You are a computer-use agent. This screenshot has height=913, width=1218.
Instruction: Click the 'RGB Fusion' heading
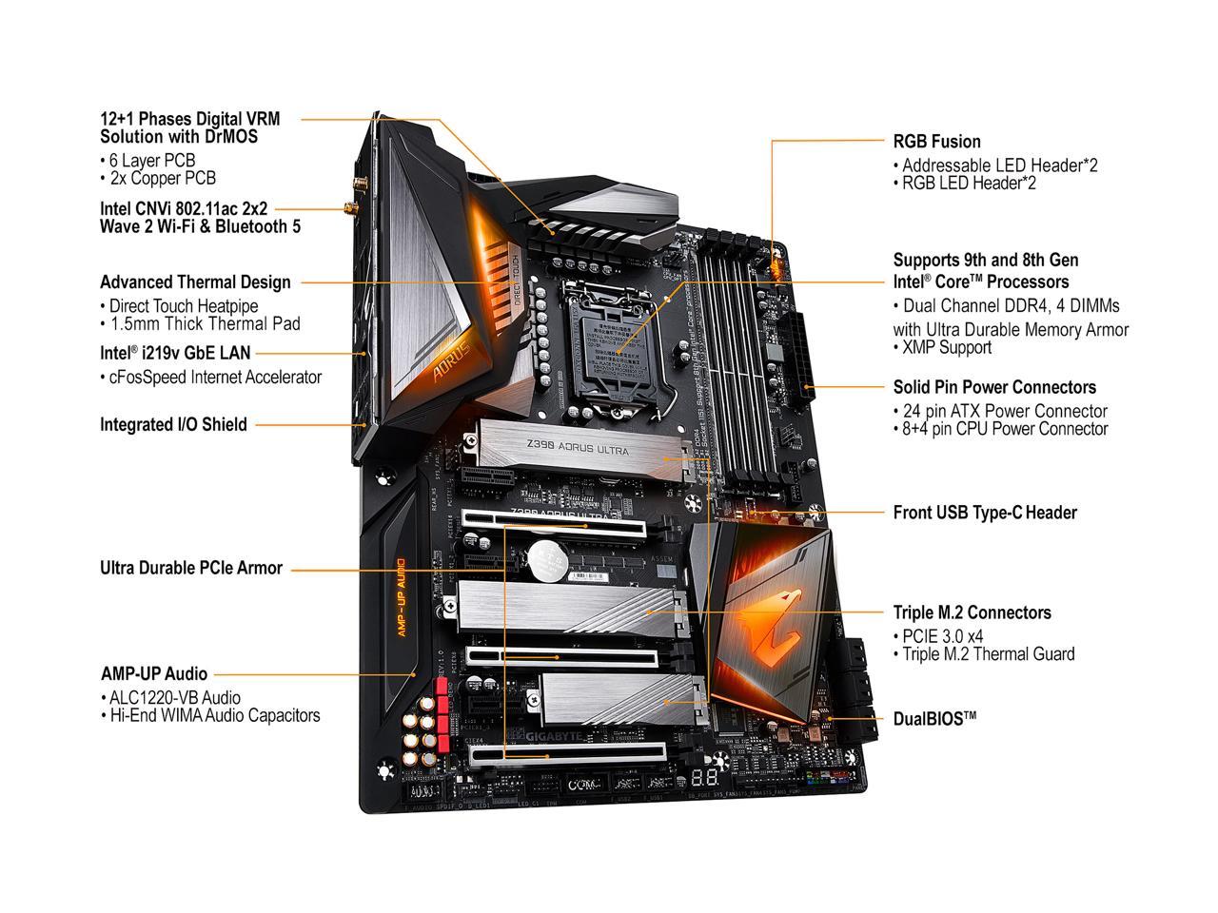pyautogui.click(x=936, y=142)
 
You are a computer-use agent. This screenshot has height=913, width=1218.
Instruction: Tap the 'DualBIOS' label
pyautogui.click(x=934, y=718)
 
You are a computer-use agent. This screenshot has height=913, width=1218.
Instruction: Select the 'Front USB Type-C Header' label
pyautogui.click(x=985, y=513)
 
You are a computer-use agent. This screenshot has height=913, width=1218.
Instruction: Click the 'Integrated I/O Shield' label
pyautogui.click(x=173, y=425)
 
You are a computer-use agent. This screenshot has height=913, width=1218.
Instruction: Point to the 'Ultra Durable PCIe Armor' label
pyautogui.click(x=191, y=568)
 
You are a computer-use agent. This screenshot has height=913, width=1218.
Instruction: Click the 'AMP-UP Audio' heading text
pyautogui.click(x=153, y=674)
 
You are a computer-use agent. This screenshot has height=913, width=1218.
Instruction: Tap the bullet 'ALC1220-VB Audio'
pyautogui.click(x=174, y=698)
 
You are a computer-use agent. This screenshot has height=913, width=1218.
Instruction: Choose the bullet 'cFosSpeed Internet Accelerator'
pyautogui.click(x=214, y=377)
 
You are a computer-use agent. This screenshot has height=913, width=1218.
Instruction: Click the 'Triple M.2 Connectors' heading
pyautogui.click(x=972, y=612)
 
